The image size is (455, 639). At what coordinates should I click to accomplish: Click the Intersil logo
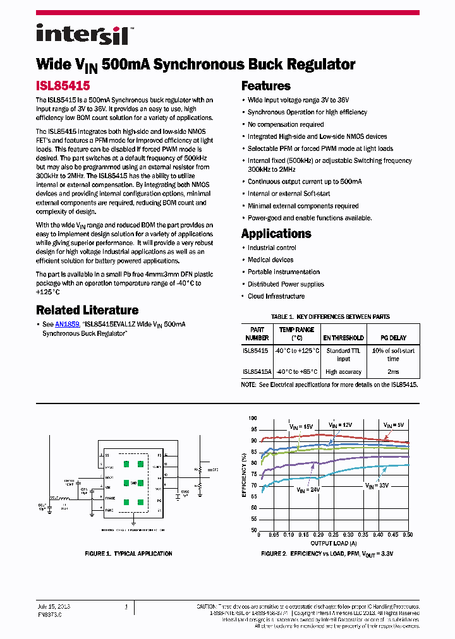click(x=82, y=34)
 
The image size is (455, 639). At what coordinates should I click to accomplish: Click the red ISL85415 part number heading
click(x=63, y=85)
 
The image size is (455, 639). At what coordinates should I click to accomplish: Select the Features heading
click(x=266, y=87)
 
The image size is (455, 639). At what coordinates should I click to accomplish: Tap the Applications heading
click(x=276, y=234)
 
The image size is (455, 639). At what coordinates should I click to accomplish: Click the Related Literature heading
click(x=87, y=310)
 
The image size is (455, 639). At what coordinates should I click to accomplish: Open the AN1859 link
click(x=66, y=324)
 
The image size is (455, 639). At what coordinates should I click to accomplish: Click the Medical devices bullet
click(x=270, y=260)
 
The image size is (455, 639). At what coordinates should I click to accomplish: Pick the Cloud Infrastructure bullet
click(x=276, y=296)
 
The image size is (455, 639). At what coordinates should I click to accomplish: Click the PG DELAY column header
click(x=393, y=338)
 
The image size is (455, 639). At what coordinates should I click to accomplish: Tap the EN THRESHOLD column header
click(x=343, y=338)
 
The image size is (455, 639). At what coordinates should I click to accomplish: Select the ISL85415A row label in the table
click(x=256, y=372)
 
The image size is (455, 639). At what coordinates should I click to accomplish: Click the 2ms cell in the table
click(x=393, y=372)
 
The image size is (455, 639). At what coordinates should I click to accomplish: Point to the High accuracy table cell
click(x=343, y=372)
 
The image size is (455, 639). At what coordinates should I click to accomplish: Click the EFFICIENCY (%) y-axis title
click(x=244, y=474)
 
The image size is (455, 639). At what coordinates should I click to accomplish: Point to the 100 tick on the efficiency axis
click(x=253, y=418)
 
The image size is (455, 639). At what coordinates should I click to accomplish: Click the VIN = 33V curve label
click(x=377, y=486)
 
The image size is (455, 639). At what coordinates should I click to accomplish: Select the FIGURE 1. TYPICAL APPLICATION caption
click(x=129, y=554)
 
